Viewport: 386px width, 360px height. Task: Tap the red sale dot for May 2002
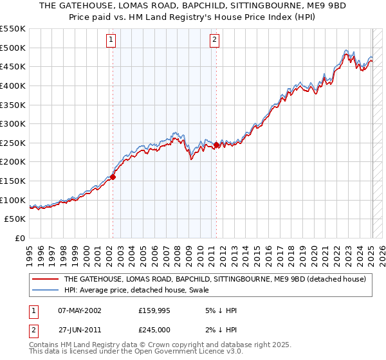point(113,176)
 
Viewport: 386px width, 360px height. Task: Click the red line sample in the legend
point(45,279)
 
